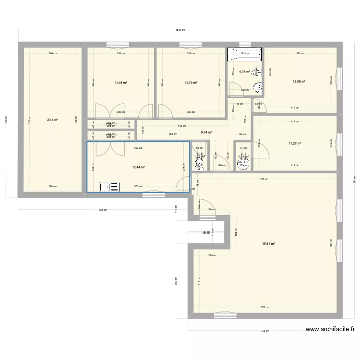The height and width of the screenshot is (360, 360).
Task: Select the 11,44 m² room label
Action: (120, 83)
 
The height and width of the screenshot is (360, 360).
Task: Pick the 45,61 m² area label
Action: (268, 244)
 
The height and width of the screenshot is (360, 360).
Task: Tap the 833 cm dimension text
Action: (102, 210)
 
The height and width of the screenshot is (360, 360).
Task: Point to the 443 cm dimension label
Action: (181, 126)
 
